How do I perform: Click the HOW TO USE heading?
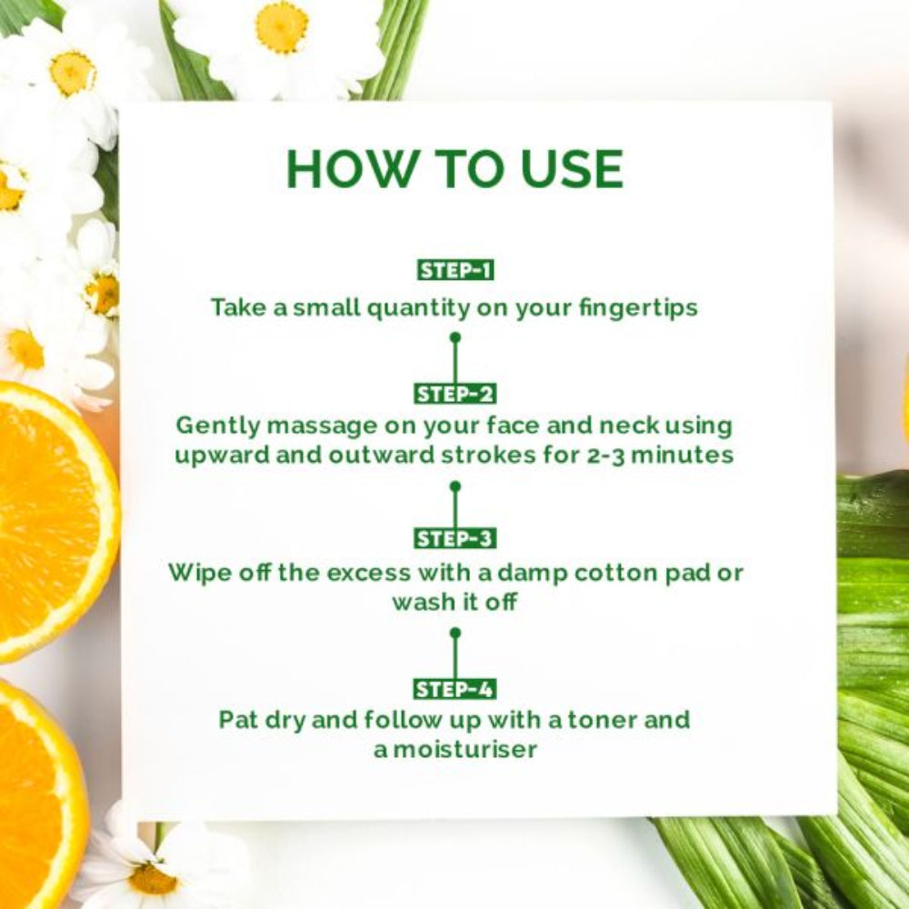(x=454, y=169)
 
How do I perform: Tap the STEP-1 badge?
(x=454, y=270)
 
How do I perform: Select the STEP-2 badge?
(x=454, y=394)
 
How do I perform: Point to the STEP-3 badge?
(x=454, y=538)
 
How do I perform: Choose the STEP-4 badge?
(x=454, y=688)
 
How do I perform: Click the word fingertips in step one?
(x=638, y=307)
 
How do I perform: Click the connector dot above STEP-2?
(x=454, y=337)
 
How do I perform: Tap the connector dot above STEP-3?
(x=454, y=486)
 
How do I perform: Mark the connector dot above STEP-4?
(x=454, y=632)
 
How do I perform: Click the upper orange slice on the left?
(x=45, y=518)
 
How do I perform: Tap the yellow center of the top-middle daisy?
(x=281, y=26)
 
